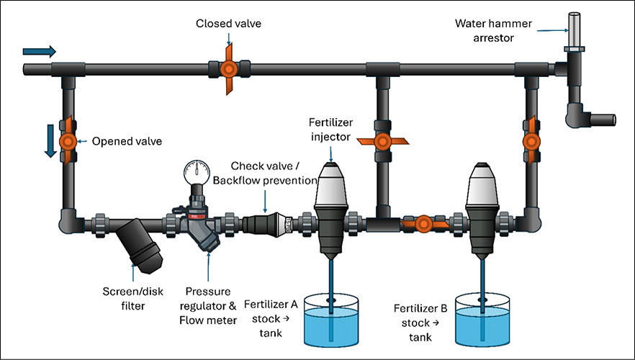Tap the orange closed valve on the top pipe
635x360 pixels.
click(228, 69)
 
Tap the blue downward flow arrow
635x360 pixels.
click(50, 141)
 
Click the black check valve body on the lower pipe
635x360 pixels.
click(267, 223)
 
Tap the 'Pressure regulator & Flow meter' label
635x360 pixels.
click(208, 306)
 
